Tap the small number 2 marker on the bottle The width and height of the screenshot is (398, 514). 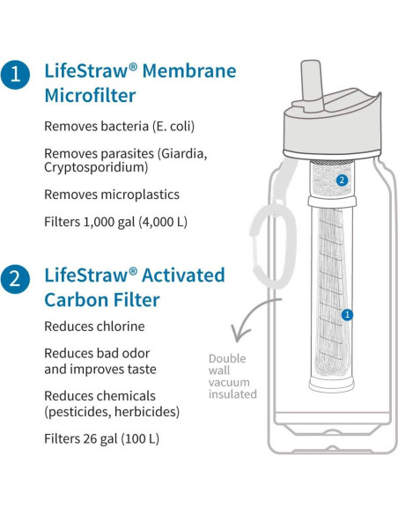pos(343,180)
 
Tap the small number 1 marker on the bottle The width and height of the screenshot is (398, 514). pos(347,314)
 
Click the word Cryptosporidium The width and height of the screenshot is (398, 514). pos(94,166)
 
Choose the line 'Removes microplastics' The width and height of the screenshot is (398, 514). pos(112,194)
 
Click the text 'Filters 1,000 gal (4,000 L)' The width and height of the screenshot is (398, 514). pos(114,222)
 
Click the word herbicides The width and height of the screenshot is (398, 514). pos(151,412)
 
